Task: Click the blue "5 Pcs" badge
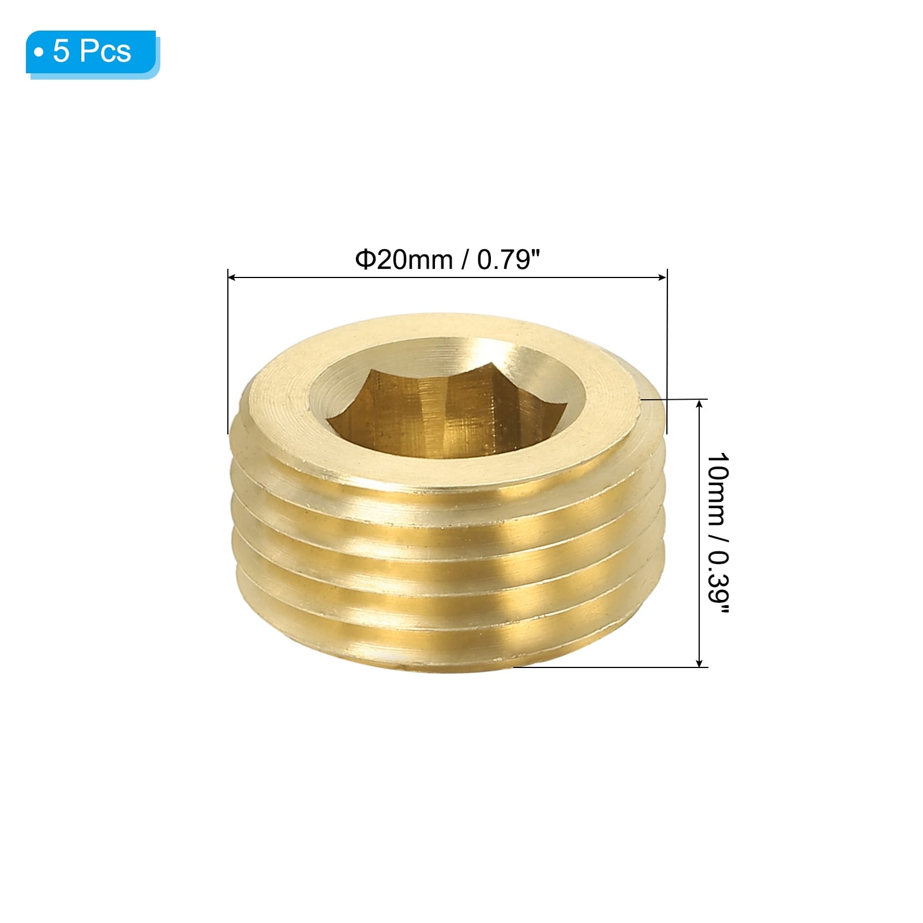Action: coord(92,53)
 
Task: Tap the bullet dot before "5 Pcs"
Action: coord(39,52)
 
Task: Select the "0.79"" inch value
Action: coord(508,260)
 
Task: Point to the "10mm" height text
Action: coord(718,489)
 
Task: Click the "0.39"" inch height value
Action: coord(718,583)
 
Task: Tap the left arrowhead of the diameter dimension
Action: coord(232,278)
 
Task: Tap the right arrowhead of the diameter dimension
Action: coord(663,278)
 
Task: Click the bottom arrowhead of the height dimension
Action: coord(700,662)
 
